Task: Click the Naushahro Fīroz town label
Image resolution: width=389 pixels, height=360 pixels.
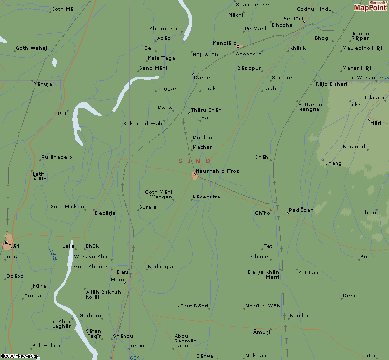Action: [x=217, y=171]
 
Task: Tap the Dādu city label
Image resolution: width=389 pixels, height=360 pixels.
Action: [x=16, y=247]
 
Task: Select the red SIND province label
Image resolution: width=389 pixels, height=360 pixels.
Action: [x=194, y=161]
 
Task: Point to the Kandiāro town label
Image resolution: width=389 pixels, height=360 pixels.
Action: [x=225, y=43]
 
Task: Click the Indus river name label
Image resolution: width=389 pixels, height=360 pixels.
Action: [x=53, y=254]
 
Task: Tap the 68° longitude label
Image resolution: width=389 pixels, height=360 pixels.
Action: [x=134, y=358]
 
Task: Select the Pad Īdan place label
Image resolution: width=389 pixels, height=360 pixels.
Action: [x=301, y=210]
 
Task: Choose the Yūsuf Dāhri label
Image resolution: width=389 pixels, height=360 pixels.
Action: [x=193, y=306]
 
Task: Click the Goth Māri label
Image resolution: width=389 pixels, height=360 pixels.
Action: [x=64, y=9]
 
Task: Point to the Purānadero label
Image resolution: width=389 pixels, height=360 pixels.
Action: [x=57, y=157]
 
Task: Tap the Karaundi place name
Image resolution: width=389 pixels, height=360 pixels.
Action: [x=354, y=146]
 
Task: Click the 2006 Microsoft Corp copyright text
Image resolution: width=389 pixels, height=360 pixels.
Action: [x=19, y=356]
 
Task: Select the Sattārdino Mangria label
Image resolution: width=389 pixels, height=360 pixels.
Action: [x=312, y=107]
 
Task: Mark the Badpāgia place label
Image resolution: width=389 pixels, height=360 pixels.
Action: [x=160, y=267]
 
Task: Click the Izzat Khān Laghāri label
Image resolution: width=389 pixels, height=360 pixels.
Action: [x=57, y=324]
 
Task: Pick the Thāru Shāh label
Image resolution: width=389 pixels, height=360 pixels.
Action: [x=206, y=110]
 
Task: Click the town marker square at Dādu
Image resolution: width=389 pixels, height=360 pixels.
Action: [x=7, y=242]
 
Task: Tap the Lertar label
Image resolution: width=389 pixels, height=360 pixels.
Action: [x=369, y=356]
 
